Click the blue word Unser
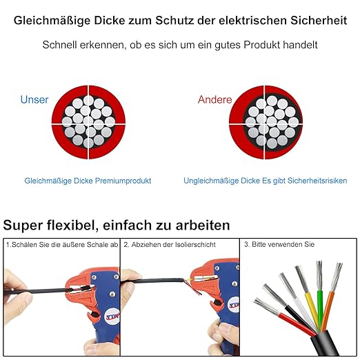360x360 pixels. (34, 99)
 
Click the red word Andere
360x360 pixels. (214, 99)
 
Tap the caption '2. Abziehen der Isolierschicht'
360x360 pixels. (170, 245)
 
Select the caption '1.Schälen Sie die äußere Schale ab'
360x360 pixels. (61, 245)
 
